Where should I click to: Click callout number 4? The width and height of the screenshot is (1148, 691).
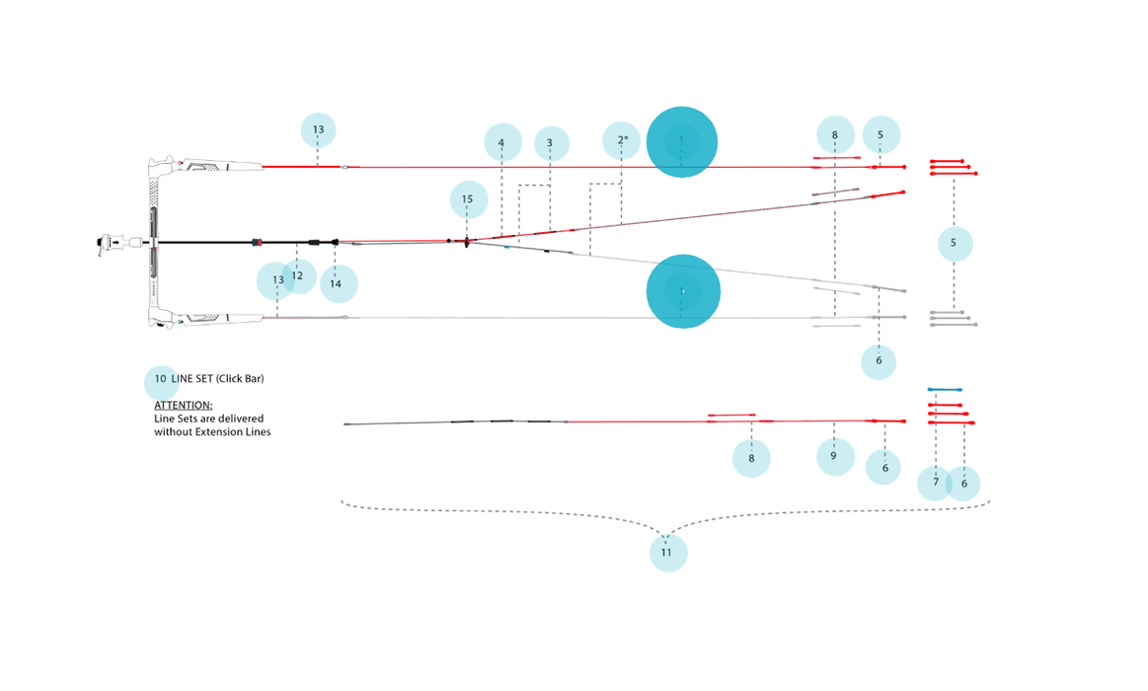pyautogui.click(x=502, y=143)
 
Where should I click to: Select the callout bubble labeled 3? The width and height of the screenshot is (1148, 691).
pyautogui.click(x=550, y=143)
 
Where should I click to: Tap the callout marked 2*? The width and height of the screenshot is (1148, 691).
pyautogui.click(x=622, y=140)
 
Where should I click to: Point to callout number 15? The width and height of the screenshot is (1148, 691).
pyautogui.click(x=468, y=199)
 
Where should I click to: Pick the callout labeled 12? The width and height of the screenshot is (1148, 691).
pyautogui.click(x=298, y=276)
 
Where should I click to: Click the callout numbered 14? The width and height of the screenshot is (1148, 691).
pyautogui.click(x=337, y=284)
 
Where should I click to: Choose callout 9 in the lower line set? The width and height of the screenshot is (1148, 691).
pyautogui.click(x=834, y=456)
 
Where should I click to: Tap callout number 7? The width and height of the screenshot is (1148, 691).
pyautogui.click(x=935, y=483)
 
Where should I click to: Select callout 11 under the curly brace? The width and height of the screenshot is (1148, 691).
pyautogui.click(x=667, y=553)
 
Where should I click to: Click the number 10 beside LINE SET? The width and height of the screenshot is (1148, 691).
pyautogui.click(x=161, y=379)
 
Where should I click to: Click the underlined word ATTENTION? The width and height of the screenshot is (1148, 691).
pyautogui.click(x=184, y=406)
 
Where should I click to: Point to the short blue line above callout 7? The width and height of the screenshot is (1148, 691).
pyautogui.click(x=945, y=390)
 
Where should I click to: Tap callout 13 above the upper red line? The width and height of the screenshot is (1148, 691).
pyautogui.click(x=318, y=130)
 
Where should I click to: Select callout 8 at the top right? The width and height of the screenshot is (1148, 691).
pyautogui.click(x=835, y=135)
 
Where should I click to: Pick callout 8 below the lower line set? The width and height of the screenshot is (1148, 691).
pyautogui.click(x=751, y=458)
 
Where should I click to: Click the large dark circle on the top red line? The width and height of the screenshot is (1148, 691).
pyautogui.click(x=682, y=142)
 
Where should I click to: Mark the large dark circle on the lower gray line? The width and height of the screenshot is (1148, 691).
pyautogui.click(x=683, y=292)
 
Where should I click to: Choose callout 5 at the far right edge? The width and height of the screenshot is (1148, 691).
pyautogui.click(x=954, y=243)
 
